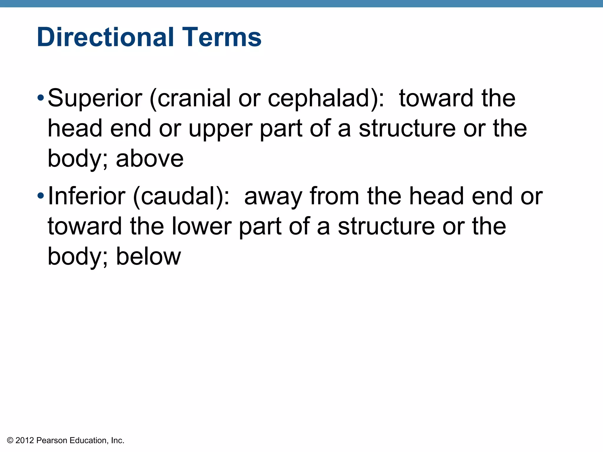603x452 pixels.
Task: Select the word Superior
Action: click(95, 99)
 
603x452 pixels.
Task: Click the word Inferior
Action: click(87, 196)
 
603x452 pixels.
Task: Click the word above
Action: click(150, 159)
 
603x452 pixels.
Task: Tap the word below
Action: click(148, 257)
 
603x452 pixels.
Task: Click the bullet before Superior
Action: click(41, 97)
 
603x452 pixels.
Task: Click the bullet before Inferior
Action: click(41, 195)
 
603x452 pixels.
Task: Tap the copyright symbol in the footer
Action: click(10, 441)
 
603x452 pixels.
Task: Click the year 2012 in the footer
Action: click(25, 441)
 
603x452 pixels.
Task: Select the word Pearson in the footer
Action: click(52, 441)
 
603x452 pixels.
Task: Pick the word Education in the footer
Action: click(89, 441)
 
